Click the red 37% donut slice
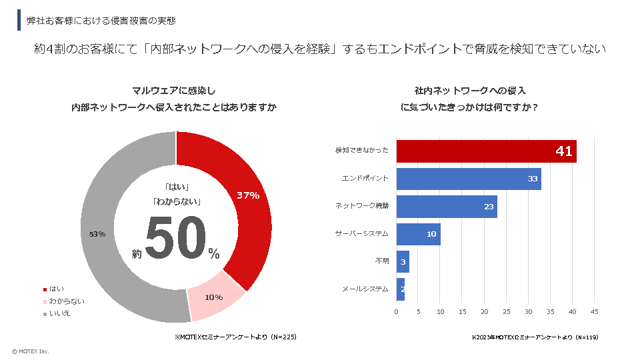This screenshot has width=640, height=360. (250, 200)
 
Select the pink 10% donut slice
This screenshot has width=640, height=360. (215, 296)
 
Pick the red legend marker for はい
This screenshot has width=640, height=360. (45, 289)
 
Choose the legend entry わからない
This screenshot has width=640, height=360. (66, 301)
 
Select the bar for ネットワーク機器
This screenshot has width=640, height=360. (447, 207)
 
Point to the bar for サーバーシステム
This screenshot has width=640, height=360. (418, 234)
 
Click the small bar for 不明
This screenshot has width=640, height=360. (403, 261)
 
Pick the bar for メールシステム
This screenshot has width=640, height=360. (401, 289)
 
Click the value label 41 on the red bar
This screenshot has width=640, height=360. (564, 151)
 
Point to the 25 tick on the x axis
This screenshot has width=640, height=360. (506, 311)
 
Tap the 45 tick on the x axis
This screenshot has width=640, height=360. (594, 311)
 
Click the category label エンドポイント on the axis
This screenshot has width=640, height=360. (365, 179)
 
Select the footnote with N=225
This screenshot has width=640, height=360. (235, 337)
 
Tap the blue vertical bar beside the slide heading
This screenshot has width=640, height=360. (19, 20)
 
